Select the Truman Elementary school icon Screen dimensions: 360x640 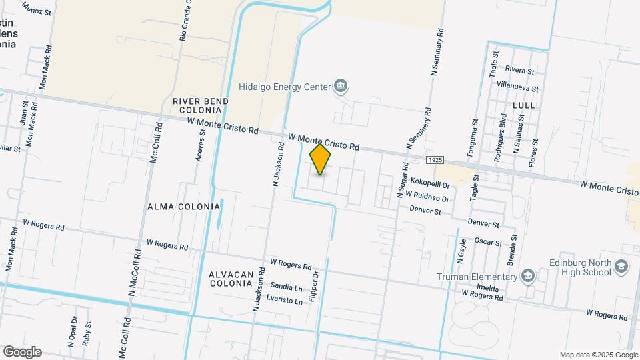click(x=528, y=276)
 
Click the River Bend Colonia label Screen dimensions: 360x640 click(x=201, y=105)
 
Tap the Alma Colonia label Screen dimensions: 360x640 click(x=183, y=207)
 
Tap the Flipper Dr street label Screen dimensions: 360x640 click(x=317, y=283)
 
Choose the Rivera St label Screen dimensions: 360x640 click(x=519, y=70)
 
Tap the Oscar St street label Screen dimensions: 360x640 click(x=488, y=242)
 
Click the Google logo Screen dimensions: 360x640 click(x=22, y=351)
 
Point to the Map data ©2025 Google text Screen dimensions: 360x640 click(x=598, y=355)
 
